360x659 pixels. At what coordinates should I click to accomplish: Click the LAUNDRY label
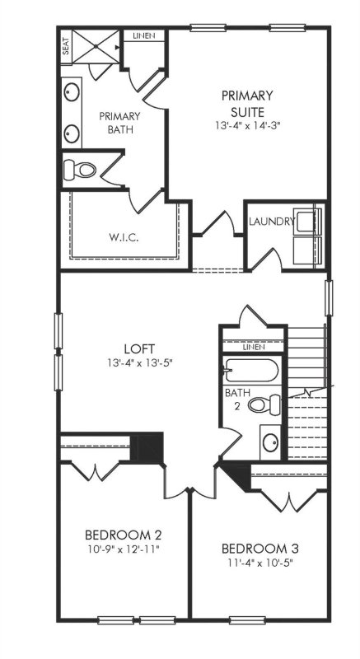(x=271, y=222)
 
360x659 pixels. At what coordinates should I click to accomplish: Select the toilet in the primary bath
(x=81, y=171)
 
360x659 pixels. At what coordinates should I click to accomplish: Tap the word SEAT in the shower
(x=65, y=48)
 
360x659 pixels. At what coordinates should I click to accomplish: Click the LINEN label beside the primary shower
(x=143, y=36)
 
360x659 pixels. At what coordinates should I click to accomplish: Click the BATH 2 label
(x=234, y=399)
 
